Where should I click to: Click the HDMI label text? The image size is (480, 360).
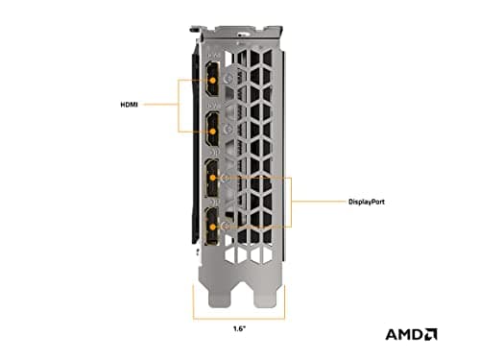point(129,105)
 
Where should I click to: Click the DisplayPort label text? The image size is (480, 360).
point(367,202)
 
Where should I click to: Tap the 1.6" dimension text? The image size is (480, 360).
point(239,328)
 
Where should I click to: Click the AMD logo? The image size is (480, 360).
point(411,334)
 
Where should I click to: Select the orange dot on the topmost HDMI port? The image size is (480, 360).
point(212,80)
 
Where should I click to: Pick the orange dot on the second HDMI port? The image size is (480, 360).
point(212,132)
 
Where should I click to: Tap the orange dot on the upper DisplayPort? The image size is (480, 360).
point(212,178)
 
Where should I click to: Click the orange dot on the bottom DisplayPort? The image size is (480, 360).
point(213,228)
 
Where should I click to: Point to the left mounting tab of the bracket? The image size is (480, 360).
point(219,295)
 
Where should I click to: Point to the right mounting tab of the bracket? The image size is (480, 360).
point(265,295)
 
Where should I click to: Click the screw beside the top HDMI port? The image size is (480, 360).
point(228,79)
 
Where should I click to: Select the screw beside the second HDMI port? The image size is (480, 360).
point(228,130)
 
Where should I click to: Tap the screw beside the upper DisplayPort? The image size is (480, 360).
point(226,178)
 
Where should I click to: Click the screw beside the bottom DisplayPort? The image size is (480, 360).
point(226,227)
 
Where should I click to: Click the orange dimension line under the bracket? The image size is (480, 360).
point(239,319)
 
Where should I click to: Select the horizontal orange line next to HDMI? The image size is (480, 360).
point(160,105)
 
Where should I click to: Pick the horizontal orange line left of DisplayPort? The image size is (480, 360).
point(319,202)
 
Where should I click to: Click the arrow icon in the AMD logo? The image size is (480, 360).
point(431,334)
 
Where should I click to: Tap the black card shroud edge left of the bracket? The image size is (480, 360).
point(194,144)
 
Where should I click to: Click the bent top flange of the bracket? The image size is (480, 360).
point(237,32)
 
